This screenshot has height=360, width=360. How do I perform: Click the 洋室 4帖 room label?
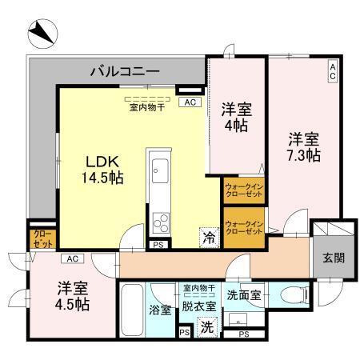[x=235, y=116]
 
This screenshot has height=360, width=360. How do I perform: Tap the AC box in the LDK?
[x=189, y=102]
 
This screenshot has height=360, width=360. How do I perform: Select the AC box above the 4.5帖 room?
[x=73, y=258]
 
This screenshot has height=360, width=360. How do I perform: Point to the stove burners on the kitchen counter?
[x=158, y=218]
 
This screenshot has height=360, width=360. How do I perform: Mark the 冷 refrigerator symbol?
[x=208, y=237]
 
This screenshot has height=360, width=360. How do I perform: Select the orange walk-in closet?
[x=244, y=226]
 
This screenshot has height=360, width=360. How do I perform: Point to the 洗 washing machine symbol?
[x=206, y=326]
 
